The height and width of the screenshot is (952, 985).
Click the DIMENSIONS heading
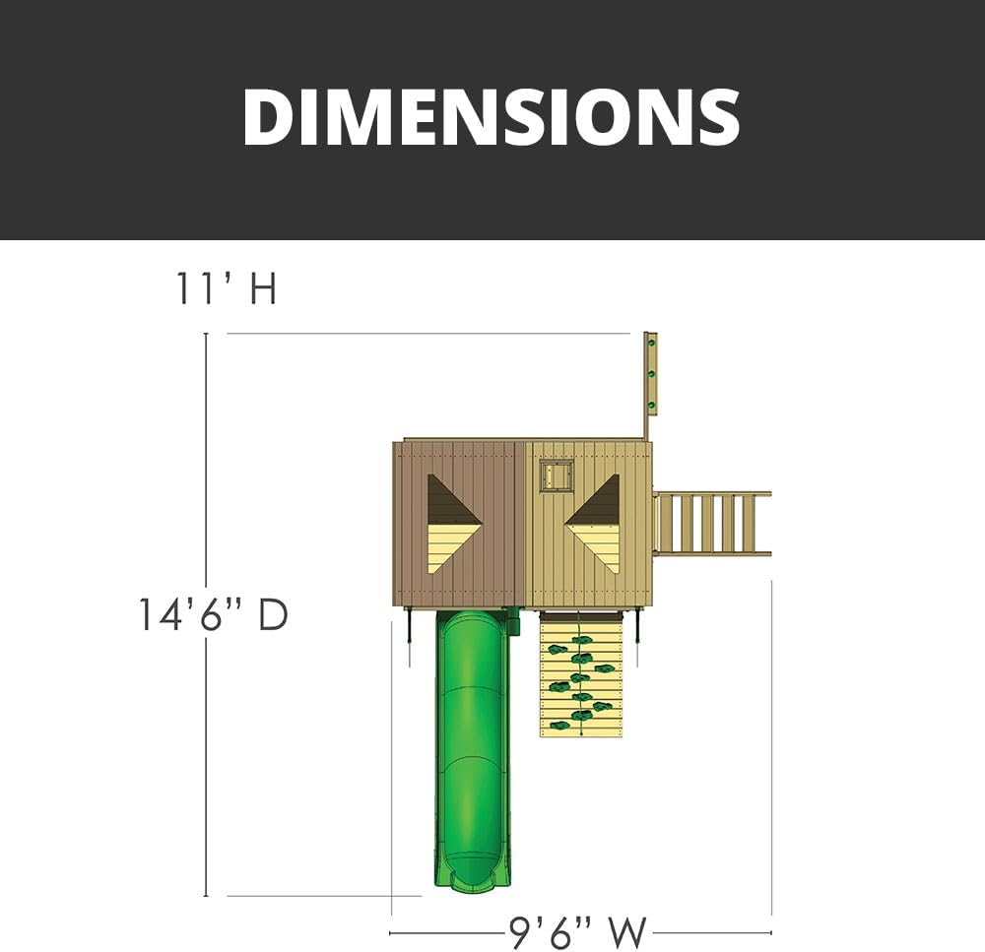(492, 117)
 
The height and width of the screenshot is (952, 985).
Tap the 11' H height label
(227, 288)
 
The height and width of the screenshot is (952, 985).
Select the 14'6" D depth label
(213, 614)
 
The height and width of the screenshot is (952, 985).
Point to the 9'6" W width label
(577, 932)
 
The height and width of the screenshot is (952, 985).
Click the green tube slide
(472, 747)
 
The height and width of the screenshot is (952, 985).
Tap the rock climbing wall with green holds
(580, 674)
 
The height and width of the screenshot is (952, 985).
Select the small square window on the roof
(557, 476)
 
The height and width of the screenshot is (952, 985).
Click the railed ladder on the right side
(712, 524)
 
